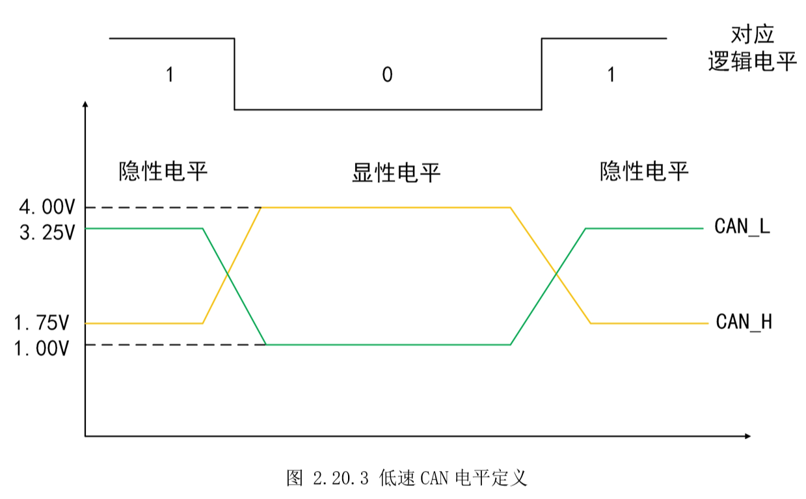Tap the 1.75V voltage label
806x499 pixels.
44,323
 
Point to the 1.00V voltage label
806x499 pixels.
44,348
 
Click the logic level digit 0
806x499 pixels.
387,75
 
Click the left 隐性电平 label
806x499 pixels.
163,172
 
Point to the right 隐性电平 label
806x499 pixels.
644,172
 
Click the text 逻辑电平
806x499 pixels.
752,62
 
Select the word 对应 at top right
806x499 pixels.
752,34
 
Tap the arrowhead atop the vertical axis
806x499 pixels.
85,103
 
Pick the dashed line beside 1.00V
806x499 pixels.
176,344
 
